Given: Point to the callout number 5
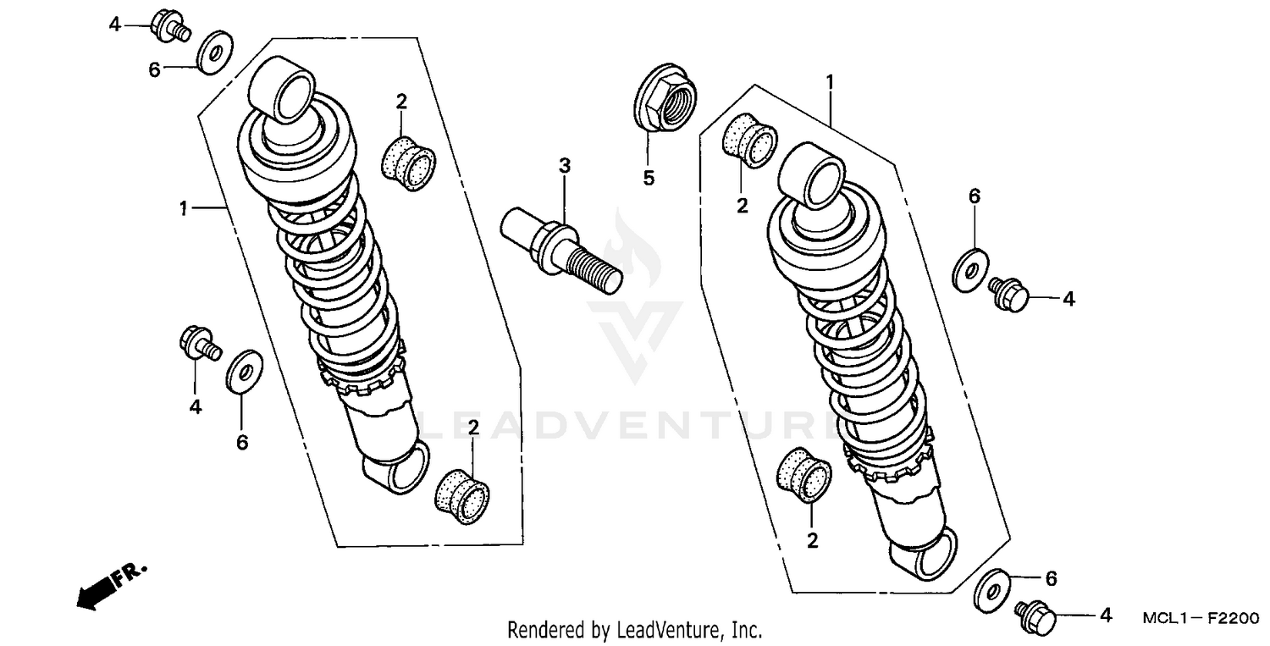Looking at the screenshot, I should (649, 178).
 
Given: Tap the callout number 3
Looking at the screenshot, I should (564, 165).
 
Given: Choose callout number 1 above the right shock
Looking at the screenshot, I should (830, 82).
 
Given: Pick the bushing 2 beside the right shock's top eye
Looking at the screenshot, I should (749, 138).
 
